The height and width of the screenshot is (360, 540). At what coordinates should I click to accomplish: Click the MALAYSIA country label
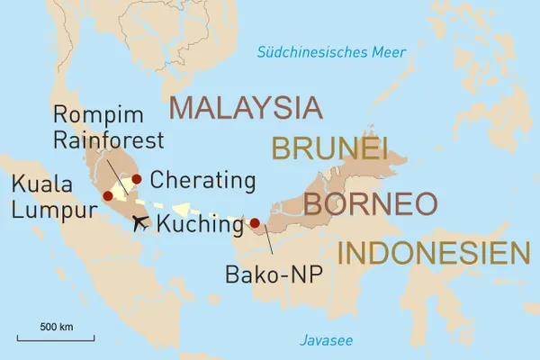(245, 107)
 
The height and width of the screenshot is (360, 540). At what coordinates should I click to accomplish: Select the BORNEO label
(370, 204)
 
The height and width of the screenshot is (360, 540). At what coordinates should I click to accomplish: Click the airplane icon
(139, 223)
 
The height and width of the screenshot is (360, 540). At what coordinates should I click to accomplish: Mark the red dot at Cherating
(137, 179)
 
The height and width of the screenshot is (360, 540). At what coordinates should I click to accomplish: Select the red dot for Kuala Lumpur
(108, 195)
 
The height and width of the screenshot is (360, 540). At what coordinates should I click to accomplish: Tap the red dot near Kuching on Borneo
(255, 223)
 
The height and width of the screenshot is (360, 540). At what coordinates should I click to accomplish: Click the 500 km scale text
(56, 325)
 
